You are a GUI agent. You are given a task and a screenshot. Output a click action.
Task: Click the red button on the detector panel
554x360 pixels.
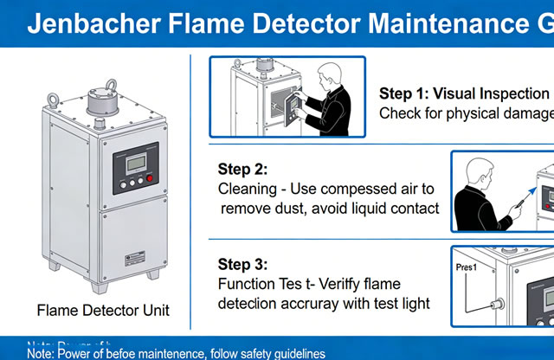pyautogui.click(x=149, y=179)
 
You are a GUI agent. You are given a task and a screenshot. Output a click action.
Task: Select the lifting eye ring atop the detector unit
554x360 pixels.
pyautogui.click(x=111, y=87)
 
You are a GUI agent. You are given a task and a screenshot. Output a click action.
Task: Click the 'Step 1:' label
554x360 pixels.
pyautogui.click(x=404, y=93)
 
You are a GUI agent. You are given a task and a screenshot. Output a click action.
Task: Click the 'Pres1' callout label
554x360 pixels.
pyautogui.click(x=467, y=269)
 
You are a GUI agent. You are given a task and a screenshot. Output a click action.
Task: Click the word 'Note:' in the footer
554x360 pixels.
pyautogui.click(x=42, y=353)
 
